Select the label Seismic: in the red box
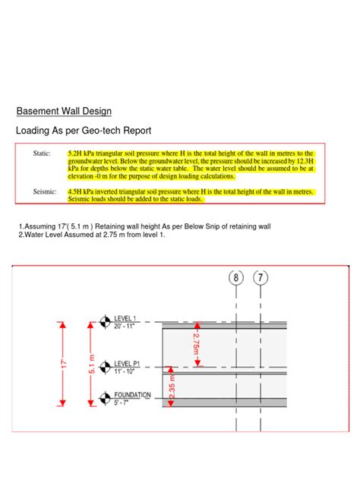45,192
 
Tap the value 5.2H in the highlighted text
77,153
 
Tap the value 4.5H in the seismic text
77,192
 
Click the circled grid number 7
261,279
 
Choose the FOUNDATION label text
132,395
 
